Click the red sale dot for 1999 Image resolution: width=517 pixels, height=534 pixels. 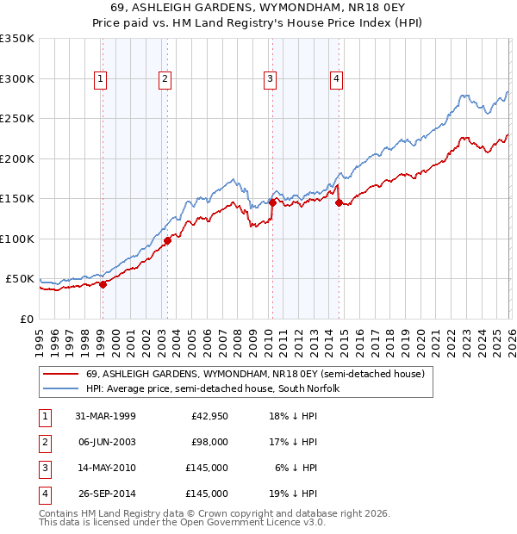103,284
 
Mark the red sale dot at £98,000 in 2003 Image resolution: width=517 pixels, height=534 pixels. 166,240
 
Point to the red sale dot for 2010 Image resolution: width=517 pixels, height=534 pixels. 271,202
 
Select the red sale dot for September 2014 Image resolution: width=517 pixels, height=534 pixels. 338,202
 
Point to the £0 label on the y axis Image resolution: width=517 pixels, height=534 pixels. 27,319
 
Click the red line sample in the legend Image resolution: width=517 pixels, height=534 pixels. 62,375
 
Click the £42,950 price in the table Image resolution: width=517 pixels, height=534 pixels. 207,417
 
